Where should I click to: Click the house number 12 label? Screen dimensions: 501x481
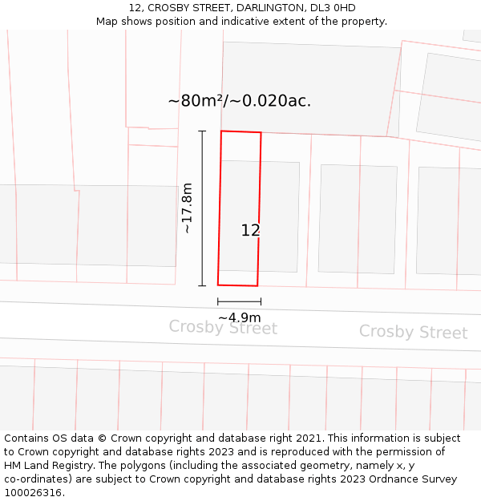click(250, 230)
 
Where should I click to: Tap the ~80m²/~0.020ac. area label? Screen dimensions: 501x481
click(239, 101)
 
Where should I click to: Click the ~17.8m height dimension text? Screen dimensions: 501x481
click(187, 208)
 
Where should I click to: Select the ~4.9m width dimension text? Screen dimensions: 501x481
click(239, 317)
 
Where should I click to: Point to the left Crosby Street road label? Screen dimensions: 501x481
click(223, 328)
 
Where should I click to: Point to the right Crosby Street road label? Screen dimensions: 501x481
click(413, 332)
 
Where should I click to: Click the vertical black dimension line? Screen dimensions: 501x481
click(202, 208)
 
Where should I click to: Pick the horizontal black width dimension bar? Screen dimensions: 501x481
click(239, 301)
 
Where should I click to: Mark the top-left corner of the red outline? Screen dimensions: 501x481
click(221, 131)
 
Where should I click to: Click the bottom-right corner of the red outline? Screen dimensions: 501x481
click(257, 285)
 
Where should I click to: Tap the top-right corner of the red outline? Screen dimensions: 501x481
click(261, 132)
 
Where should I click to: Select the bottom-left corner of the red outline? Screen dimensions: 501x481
click(218, 285)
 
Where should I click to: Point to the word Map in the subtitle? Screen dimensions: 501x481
click(107, 21)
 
